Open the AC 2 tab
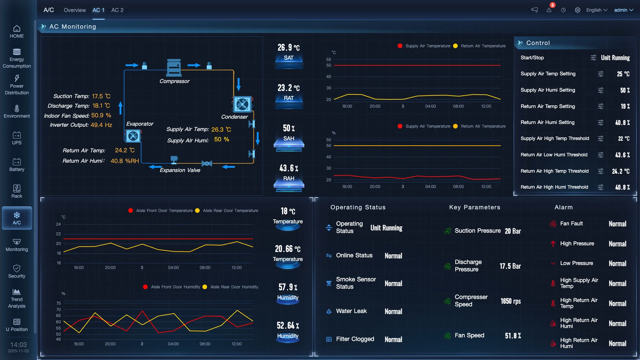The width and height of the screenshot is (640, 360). (x=117, y=10)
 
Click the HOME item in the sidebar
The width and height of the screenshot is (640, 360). (x=17, y=32)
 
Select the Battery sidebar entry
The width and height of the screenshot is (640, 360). (x=17, y=165)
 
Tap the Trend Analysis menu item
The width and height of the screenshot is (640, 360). (x=17, y=299)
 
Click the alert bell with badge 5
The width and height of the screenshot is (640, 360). (x=549, y=10)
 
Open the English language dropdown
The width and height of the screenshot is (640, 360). (x=597, y=10)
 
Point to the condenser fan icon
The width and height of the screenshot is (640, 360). (x=242, y=105)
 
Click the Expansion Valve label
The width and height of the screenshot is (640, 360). (x=180, y=170)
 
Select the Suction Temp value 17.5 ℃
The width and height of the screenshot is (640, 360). (x=101, y=96)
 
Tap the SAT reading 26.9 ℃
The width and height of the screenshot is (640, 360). (x=289, y=48)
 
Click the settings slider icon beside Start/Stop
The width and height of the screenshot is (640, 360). (x=593, y=58)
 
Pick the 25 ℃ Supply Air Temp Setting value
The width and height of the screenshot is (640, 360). (x=623, y=74)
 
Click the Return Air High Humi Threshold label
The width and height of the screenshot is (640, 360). (x=554, y=187)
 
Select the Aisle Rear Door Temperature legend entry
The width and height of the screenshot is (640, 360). (x=230, y=211)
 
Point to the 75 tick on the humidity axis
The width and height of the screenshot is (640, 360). (x=59, y=303)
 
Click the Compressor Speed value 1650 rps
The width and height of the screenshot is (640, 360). (x=510, y=301)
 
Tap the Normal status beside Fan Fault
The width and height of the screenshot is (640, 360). (x=617, y=224)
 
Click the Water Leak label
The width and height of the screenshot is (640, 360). (x=351, y=311)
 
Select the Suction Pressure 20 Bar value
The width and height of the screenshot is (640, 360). (x=513, y=231)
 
